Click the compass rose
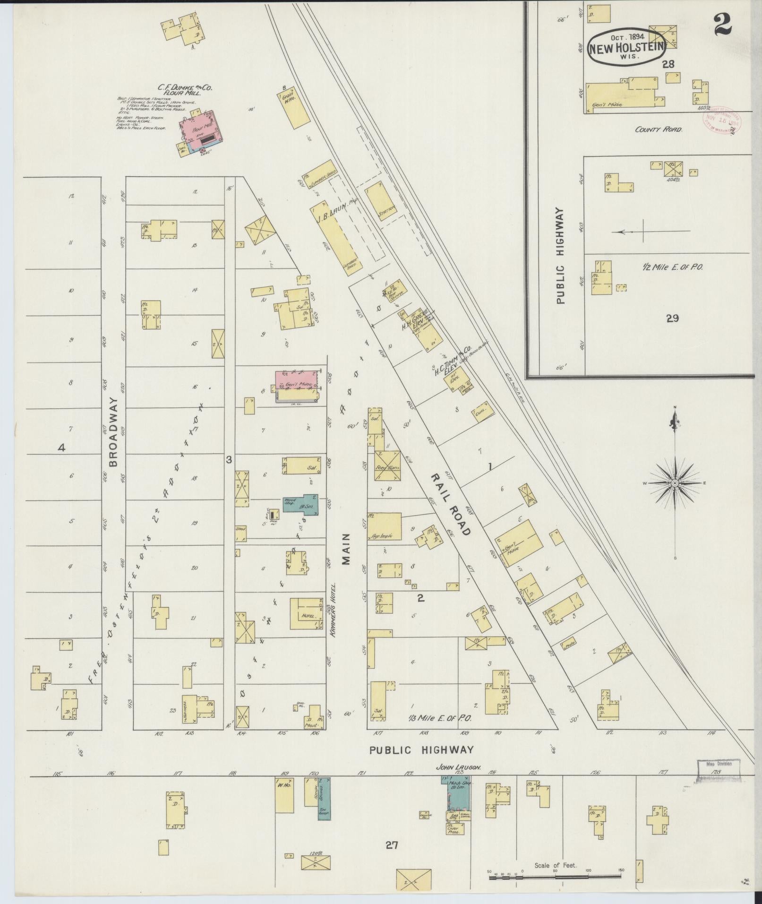pos(675,483)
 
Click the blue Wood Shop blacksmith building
pos(300,504)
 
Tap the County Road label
pos(658,129)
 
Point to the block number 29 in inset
pos(672,319)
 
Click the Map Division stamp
pos(719,764)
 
